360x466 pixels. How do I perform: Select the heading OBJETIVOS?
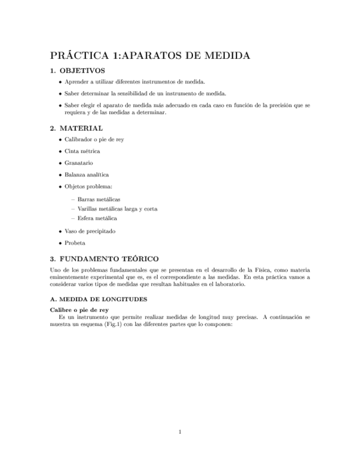pyautogui.click(x=82, y=71)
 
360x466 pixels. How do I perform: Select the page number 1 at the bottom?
pyautogui.click(x=180, y=431)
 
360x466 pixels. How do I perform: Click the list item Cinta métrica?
pyautogui.click(x=82, y=151)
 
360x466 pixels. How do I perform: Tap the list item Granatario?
pyautogui.click(x=79, y=163)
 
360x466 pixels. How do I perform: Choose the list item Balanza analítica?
pyautogui.click(x=86, y=175)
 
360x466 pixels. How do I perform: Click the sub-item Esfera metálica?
pyautogui.click(x=97, y=218)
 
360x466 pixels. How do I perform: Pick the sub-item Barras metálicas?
pyautogui.click(x=99, y=198)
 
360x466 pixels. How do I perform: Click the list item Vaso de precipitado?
pyautogui.click(x=90, y=231)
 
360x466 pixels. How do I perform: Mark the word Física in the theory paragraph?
pyautogui.click(x=261, y=270)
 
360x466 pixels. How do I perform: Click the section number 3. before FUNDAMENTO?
pyautogui.click(x=52, y=258)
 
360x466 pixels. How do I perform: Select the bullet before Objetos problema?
pyautogui.click(x=60, y=187)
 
